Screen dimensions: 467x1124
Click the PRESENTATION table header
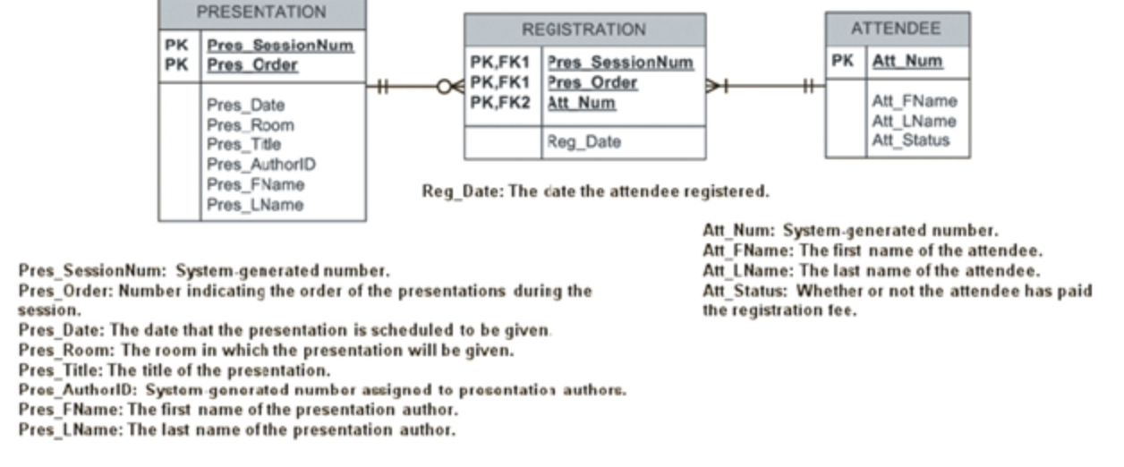[261, 13]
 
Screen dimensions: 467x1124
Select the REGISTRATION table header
[583, 30]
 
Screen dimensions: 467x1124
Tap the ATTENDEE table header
[896, 29]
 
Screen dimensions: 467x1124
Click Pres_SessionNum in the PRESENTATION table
[280, 45]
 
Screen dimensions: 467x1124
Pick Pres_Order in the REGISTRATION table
[592, 82]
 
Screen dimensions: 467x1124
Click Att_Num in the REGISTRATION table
[582, 103]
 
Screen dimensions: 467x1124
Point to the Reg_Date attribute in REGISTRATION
[583, 142]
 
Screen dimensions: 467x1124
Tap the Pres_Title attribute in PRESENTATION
[243, 144]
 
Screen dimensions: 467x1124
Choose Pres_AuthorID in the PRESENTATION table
[260, 165]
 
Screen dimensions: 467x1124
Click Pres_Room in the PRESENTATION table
[250, 124]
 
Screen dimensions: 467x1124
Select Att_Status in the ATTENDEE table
[911, 140]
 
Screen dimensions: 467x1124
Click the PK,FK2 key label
[500, 103]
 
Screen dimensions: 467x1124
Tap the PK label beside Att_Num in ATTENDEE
[842, 61]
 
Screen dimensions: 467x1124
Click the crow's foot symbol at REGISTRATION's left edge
[450, 87]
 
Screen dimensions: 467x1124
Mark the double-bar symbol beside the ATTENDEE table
[810, 87]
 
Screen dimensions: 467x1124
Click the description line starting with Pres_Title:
[175, 369]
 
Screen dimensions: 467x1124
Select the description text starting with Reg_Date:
[595, 191]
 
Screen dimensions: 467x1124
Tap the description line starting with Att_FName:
[873, 250]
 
